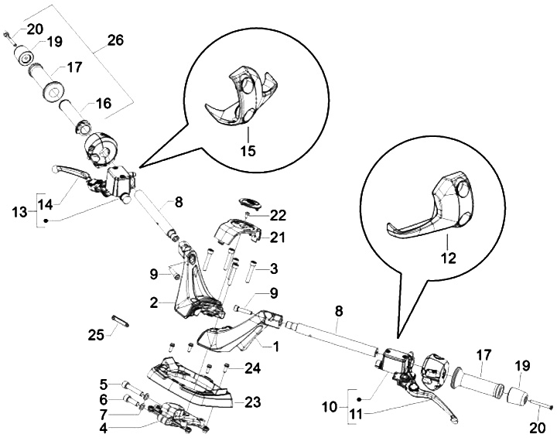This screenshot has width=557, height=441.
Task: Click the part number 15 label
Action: click(248, 150)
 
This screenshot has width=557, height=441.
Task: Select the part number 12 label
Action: click(449, 258)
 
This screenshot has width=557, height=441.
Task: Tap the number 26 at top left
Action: click(116, 40)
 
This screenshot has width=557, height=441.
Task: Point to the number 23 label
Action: click(253, 402)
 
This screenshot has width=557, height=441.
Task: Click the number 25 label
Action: click(96, 335)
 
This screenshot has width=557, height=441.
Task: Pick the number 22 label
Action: click(278, 216)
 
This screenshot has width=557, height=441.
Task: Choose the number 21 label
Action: click(278, 238)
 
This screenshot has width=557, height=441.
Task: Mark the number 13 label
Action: click(19, 212)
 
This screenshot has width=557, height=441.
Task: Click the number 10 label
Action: click(330, 407)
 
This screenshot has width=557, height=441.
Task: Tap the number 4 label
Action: click(103, 428)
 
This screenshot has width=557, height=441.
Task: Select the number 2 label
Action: click(153, 303)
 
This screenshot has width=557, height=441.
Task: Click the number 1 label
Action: click(275, 346)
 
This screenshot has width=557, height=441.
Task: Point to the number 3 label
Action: click(274, 268)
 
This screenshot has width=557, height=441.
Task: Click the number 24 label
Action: click(252, 368)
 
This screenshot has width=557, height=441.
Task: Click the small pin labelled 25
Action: click(121, 320)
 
